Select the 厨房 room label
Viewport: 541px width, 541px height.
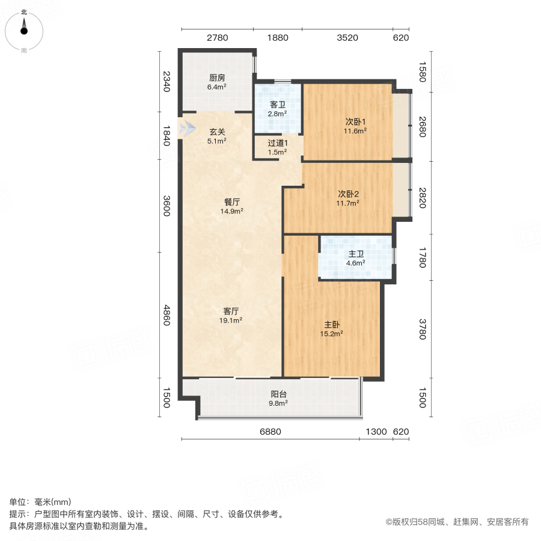(x=217, y=78)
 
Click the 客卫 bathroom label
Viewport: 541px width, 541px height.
(x=277, y=103)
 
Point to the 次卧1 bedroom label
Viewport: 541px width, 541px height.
(x=347, y=120)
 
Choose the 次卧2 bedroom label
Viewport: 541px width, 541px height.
(x=347, y=194)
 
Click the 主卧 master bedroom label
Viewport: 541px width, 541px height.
(x=332, y=323)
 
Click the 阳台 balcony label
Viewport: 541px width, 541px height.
(x=278, y=394)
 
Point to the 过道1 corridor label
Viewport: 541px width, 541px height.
(x=277, y=143)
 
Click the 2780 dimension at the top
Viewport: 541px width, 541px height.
(x=217, y=38)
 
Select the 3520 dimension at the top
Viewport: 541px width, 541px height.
(x=347, y=38)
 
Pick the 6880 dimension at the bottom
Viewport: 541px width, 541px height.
(x=270, y=432)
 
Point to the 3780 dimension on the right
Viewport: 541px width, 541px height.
(x=422, y=329)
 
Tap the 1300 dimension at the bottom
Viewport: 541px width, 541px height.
(x=376, y=432)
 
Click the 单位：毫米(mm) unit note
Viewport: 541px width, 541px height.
(x=40, y=503)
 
